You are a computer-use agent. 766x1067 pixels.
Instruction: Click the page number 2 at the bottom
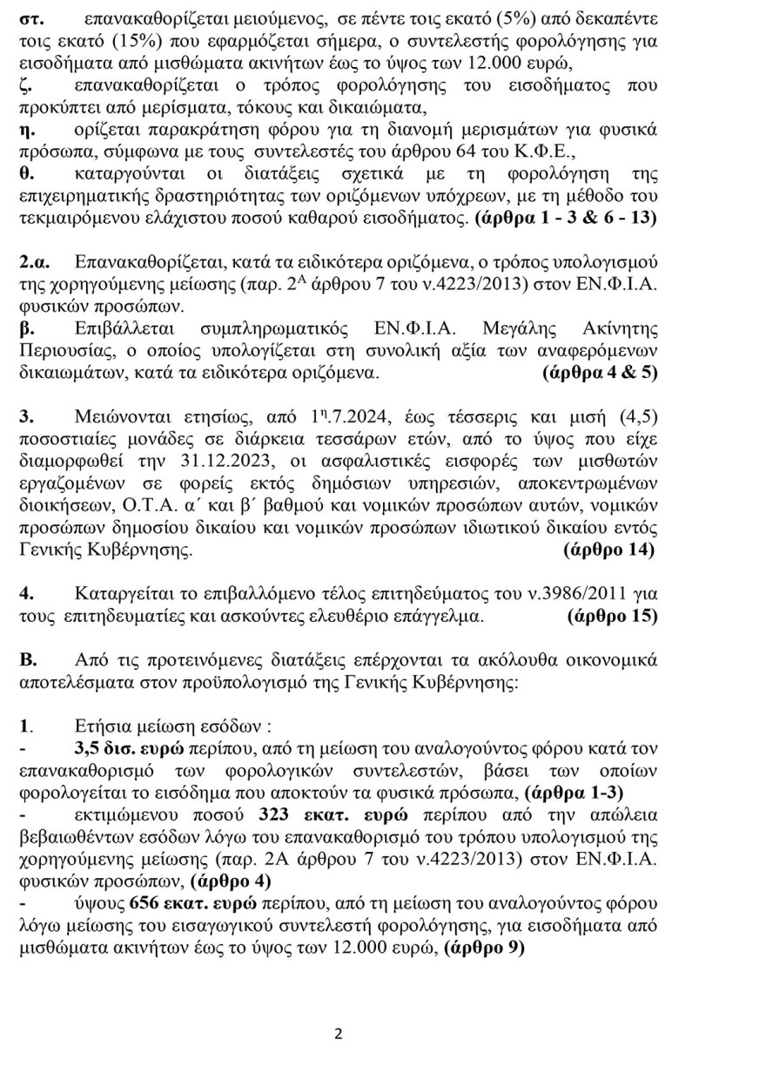point(339,1035)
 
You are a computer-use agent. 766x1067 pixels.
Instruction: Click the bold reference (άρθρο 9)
point(484,949)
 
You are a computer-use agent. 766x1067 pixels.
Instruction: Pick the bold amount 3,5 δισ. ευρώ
point(129,748)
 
